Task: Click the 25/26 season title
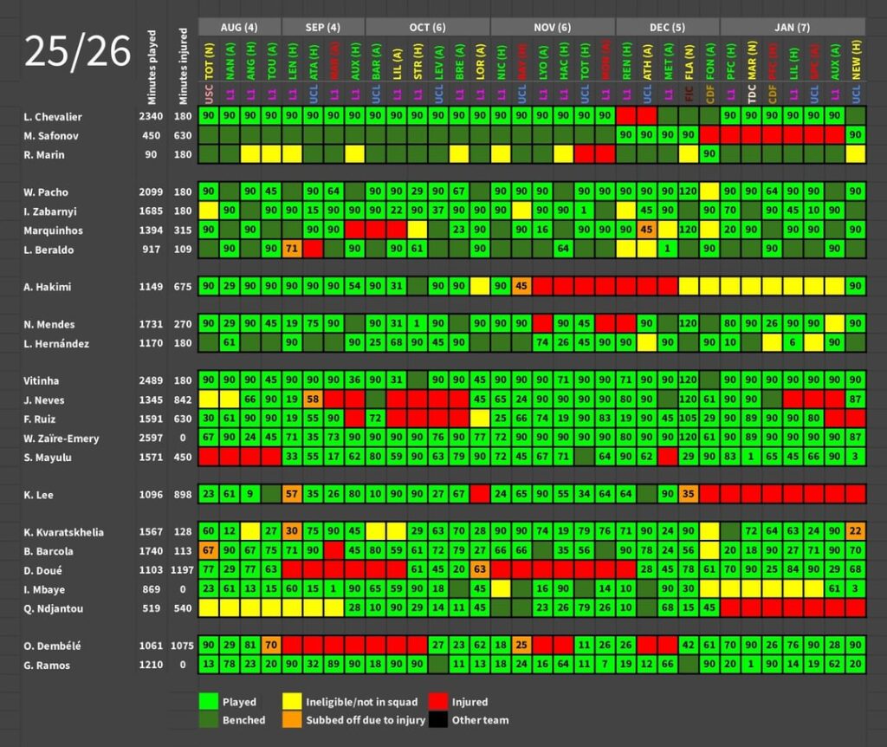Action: click(77, 53)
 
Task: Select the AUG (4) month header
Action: click(239, 27)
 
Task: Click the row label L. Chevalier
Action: click(55, 116)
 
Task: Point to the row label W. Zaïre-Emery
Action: click(62, 438)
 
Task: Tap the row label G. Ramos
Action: click(48, 666)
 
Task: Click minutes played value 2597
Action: click(151, 438)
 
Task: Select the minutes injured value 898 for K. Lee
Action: click(183, 495)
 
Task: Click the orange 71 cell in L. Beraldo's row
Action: click(292, 249)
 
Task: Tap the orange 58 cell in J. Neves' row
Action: click(313, 400)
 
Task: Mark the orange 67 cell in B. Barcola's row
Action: click(208, 551)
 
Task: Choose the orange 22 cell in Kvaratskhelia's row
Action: click(856, 532)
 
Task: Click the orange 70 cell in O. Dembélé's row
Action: click(270, 646)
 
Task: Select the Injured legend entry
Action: click(469, 702)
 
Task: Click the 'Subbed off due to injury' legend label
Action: click(365, 720)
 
